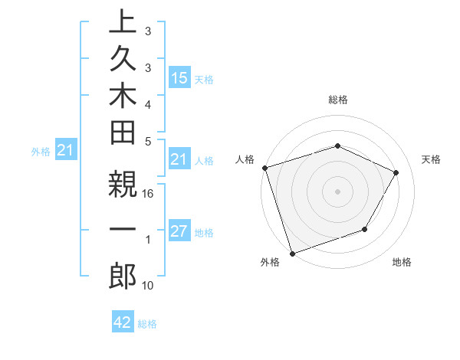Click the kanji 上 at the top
point(122,23)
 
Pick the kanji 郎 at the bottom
point(122,276)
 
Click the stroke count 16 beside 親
point(148,195)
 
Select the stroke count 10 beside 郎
point(148,286)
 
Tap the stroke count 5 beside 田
point(148,141)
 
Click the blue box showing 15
point(179,78)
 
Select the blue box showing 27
point(179,231)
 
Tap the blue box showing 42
point(123,322)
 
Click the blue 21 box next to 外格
point(66,151)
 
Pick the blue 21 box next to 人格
point(179,159)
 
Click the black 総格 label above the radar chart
point(338,100)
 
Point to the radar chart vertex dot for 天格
point(396,172)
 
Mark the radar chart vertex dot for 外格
point(293,253)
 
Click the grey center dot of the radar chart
point(338,191)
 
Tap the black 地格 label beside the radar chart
point(402,263)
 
